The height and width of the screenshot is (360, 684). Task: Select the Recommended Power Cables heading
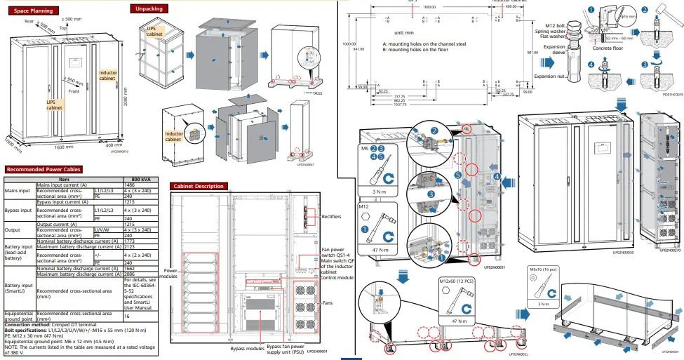pos(43,169)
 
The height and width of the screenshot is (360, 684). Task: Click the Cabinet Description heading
pos(199,186)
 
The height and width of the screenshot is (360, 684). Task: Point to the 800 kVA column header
pos(140,180)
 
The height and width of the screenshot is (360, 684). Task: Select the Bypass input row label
pos(19,209)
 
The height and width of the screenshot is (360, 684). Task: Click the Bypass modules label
pos(246,348)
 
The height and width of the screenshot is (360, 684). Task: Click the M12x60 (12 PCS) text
pos(457,281)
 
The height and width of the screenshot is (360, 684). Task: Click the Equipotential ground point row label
pos(19,316)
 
